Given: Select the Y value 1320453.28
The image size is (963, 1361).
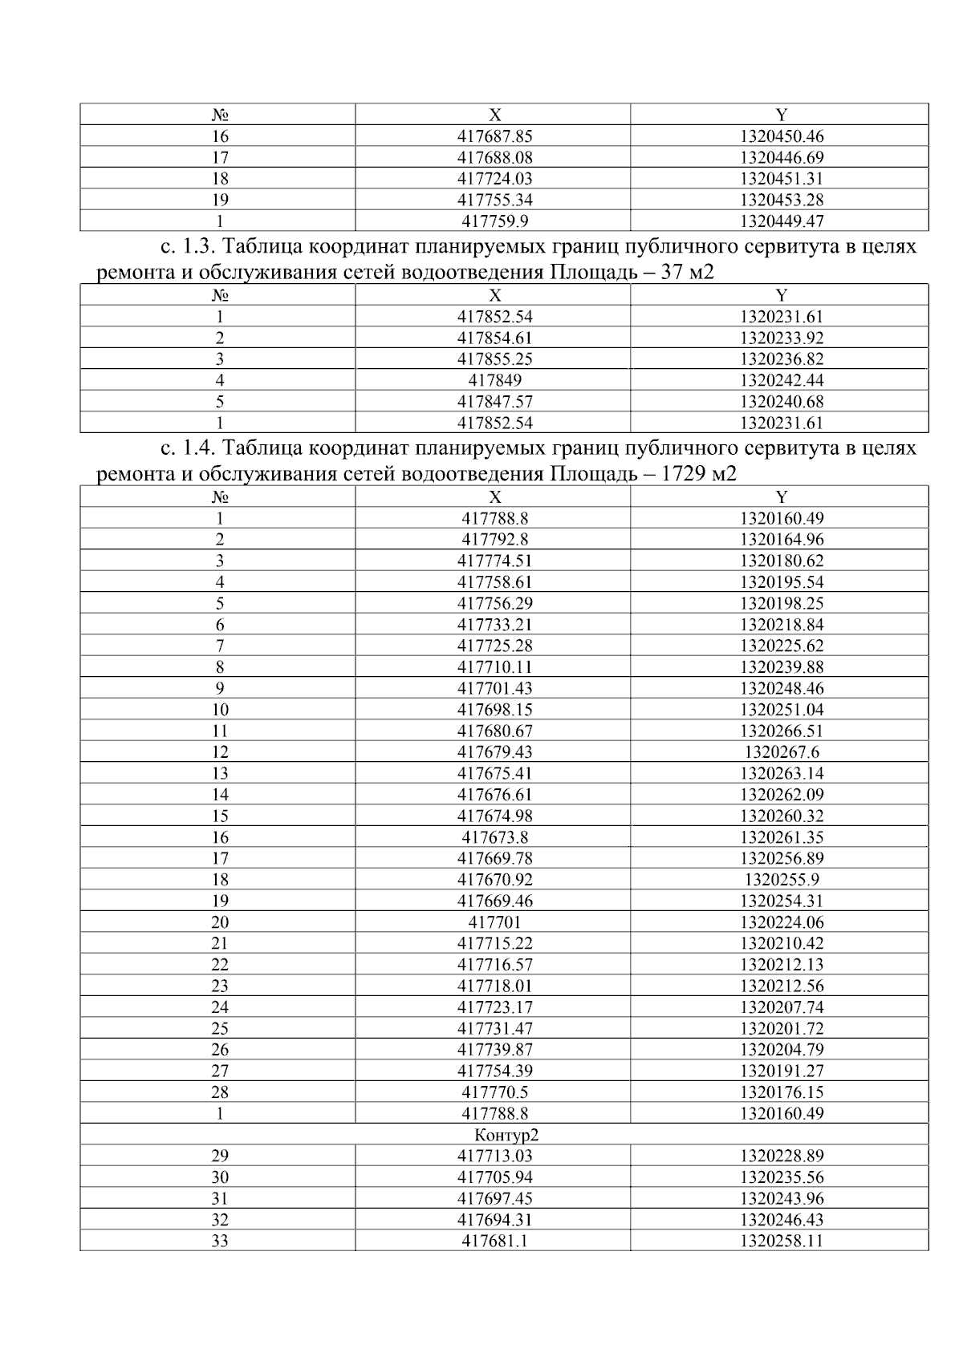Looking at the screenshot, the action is [x=782, y=200].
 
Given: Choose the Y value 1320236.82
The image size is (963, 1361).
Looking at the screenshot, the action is [x=782, y=359].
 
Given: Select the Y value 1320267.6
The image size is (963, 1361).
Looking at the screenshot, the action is [x=782, y=752].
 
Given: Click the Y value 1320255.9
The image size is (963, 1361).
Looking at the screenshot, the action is [x=782, y=880].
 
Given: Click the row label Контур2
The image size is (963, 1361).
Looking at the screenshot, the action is [x=504, y=1135].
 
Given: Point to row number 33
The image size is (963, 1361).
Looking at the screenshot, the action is [x=219, y=1241].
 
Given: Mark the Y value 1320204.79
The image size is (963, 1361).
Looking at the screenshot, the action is [x=782, y=1050].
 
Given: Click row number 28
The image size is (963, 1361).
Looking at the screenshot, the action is [x=219, y=1092].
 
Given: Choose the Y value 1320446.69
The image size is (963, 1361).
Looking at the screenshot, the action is [x=782, y=158].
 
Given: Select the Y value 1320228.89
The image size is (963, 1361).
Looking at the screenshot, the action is [x=782, y=1156].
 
